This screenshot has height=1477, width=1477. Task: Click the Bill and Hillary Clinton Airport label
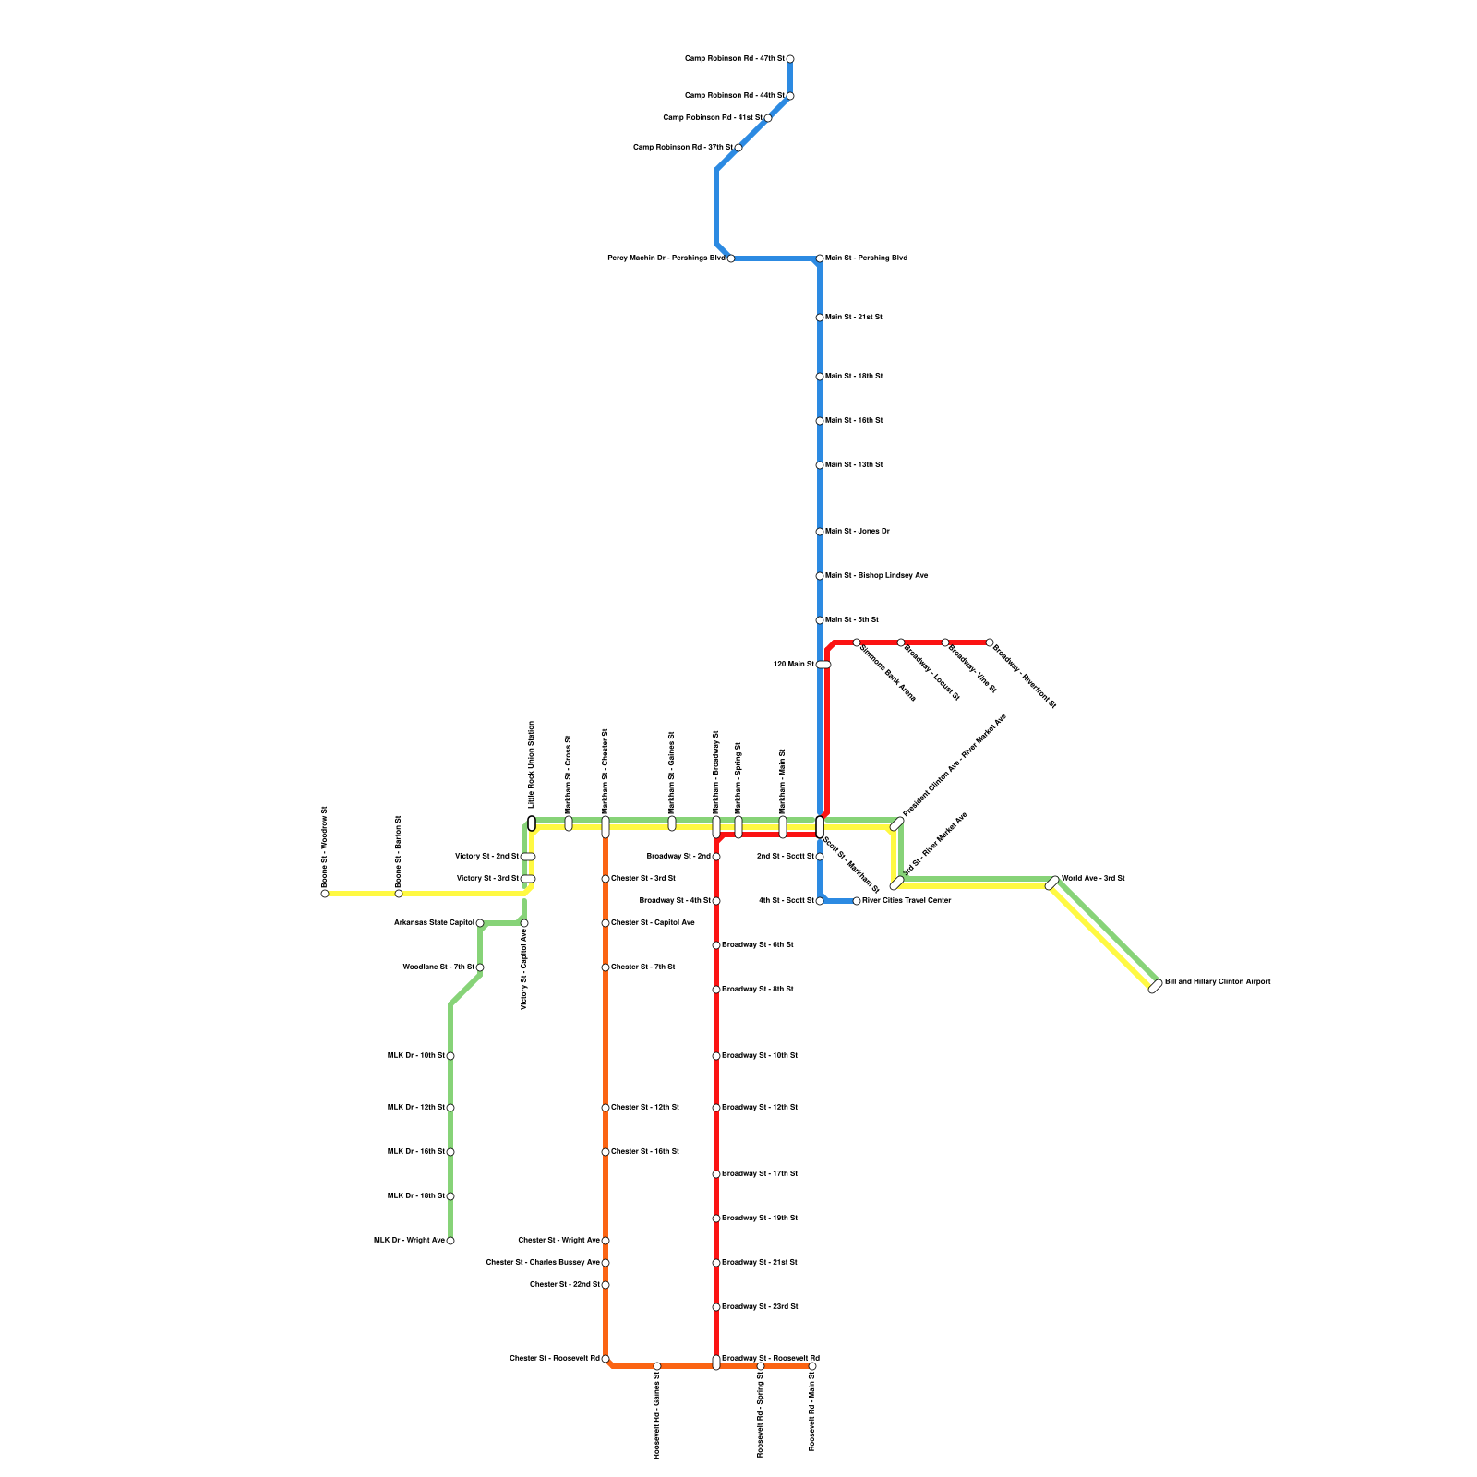point(1217,982)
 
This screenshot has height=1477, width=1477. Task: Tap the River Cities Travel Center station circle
point(857,901)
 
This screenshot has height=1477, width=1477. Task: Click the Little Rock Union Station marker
point(532,823)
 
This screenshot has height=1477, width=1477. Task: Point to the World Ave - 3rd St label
point(1093,879)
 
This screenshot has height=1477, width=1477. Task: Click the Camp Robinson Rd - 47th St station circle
point(790,59)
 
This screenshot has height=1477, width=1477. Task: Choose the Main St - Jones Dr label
point(857,532)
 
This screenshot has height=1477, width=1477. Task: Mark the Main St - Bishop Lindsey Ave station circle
point(820,576)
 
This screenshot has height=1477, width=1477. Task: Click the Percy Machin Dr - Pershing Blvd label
point(666,258)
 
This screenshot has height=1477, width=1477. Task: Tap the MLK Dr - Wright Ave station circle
point(450,1241)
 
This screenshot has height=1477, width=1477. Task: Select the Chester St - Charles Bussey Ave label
point(543,1263)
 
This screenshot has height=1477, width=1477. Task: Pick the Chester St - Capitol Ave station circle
point(606,923)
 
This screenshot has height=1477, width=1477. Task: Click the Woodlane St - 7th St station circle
point(480,967)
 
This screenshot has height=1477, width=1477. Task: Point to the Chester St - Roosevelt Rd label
point(554,1359)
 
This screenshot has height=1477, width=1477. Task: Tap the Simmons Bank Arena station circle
point(857,642)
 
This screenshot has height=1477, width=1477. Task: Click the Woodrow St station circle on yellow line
point(325,894)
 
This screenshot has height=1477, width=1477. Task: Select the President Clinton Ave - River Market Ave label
point(954,765)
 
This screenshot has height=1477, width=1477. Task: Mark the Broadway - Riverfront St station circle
point(990,642)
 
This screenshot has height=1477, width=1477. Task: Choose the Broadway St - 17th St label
point(759,1174)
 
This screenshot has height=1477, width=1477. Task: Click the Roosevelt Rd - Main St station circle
point(812,1366)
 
